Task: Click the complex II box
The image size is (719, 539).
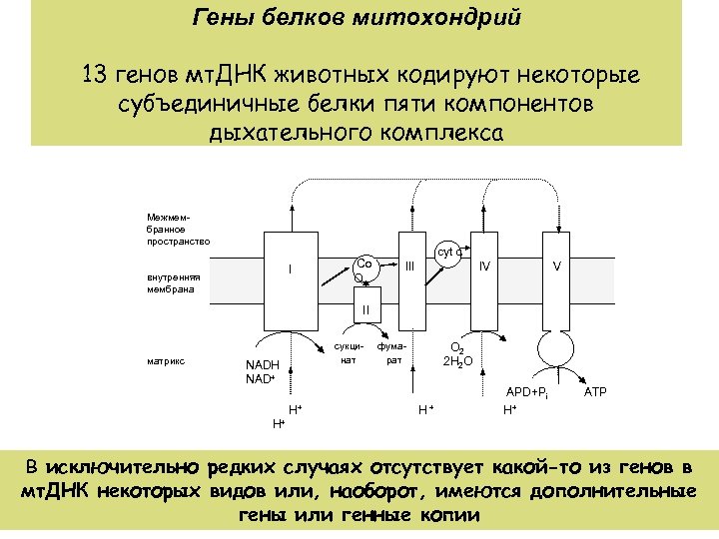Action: click(366, 309)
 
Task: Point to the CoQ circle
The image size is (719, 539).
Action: click(364, 270)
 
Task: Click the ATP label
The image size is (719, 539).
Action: click(594, 391)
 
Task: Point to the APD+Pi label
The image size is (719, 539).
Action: click(528, 392)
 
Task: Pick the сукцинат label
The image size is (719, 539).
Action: click(348, 352)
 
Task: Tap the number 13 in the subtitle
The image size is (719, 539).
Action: click(99, 76)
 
